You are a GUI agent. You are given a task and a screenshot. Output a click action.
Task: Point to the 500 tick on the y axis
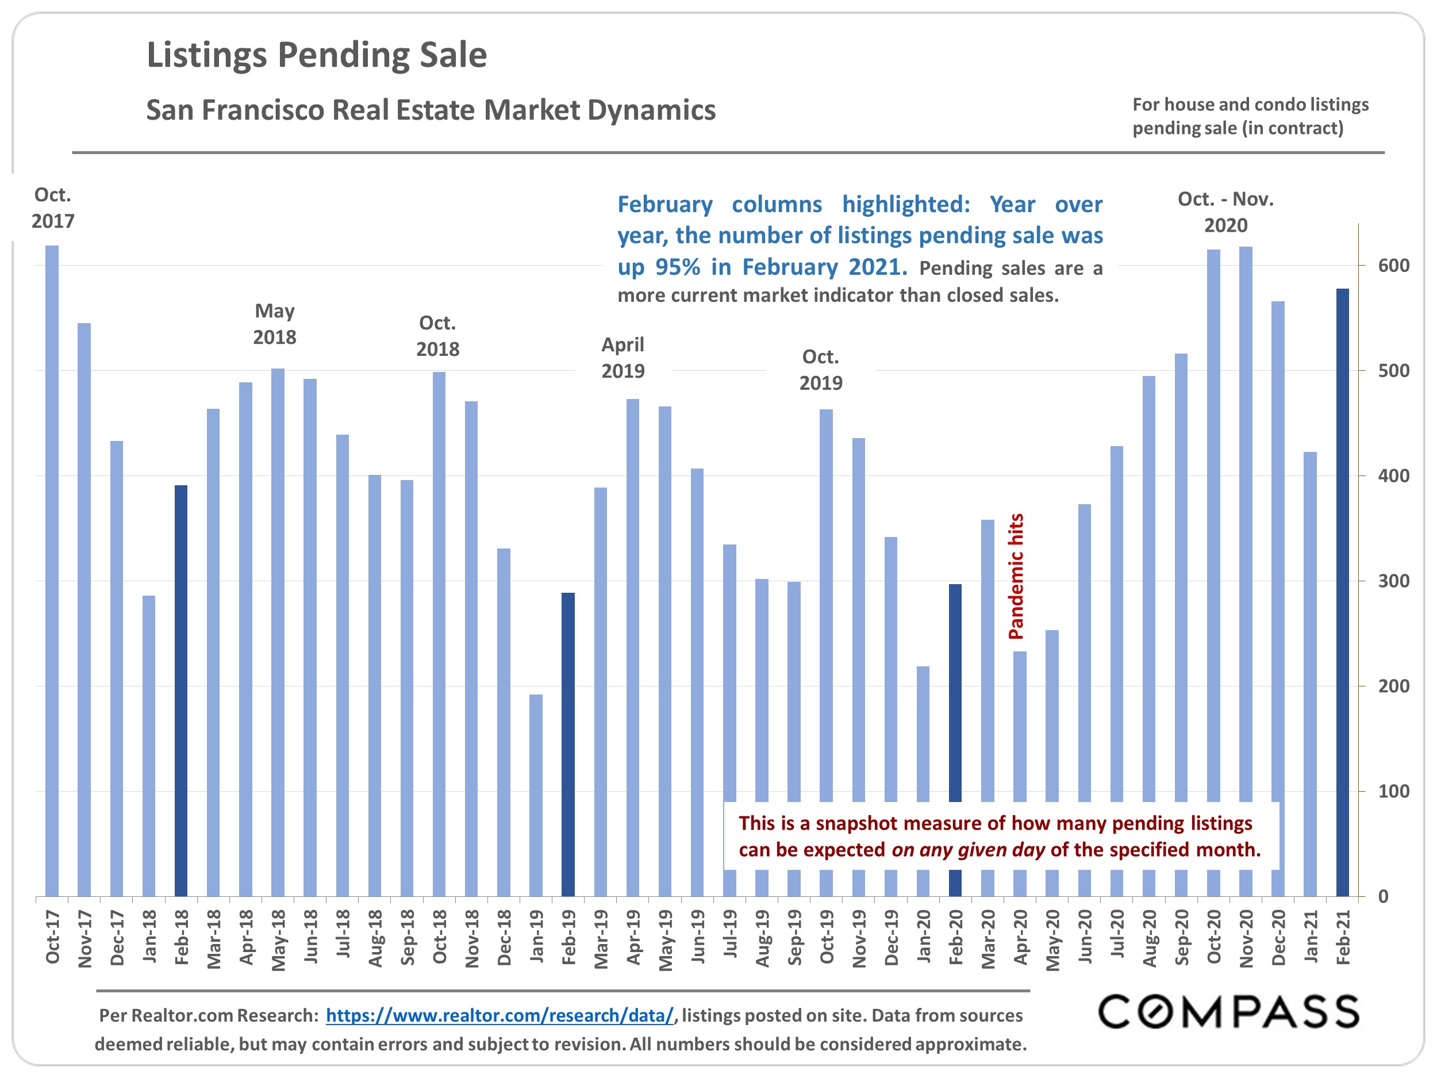click(x=1393, y=370)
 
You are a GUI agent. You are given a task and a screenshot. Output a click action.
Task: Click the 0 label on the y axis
click(x=1383, y=896)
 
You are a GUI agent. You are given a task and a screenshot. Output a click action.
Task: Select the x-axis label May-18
click(x=278, y=939)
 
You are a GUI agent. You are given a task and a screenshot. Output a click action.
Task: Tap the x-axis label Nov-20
click(x=1246, y=938)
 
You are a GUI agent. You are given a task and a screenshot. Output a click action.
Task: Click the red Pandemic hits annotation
click(x=1016, y=576)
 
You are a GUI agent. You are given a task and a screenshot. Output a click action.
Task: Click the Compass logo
click(x=1228, y=1012)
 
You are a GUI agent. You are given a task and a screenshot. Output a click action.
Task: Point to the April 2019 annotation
click(x=623, y=358)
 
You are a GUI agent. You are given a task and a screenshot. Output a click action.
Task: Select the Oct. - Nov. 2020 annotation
click(x=1225, y=212)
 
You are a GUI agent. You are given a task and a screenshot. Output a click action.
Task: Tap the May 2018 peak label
click(x=274, y=324)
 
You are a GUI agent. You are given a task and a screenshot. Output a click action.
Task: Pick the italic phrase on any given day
click(x=968, y=849)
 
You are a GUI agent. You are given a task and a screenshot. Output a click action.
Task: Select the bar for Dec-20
click(x=1278, y=598)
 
